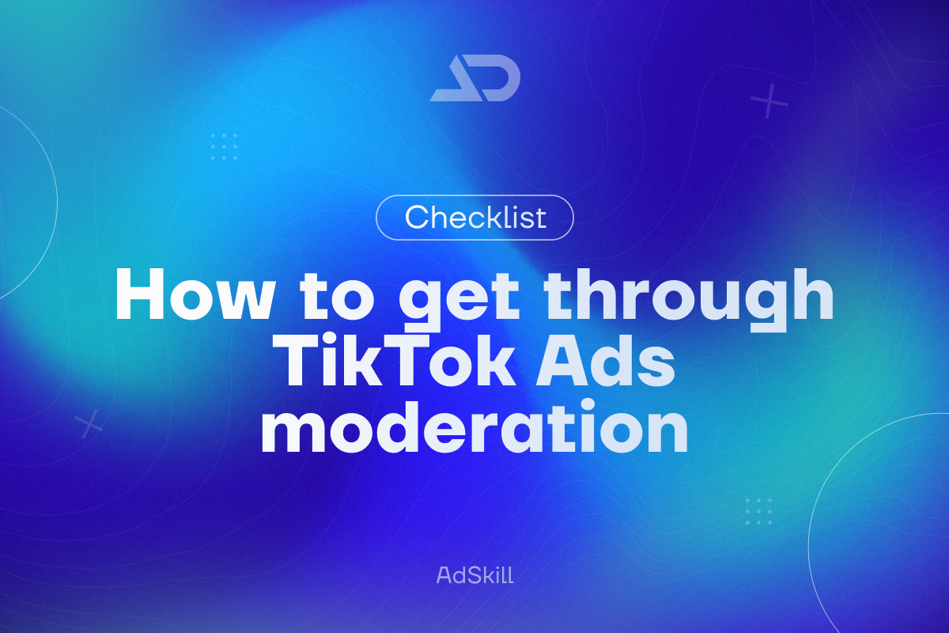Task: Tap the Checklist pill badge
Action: (475, 218)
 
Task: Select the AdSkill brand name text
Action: (475, 575)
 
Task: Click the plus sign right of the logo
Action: (769, 101)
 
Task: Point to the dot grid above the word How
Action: (225, 146)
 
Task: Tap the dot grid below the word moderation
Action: (758, 512)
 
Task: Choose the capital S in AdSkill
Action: (469, 575)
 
